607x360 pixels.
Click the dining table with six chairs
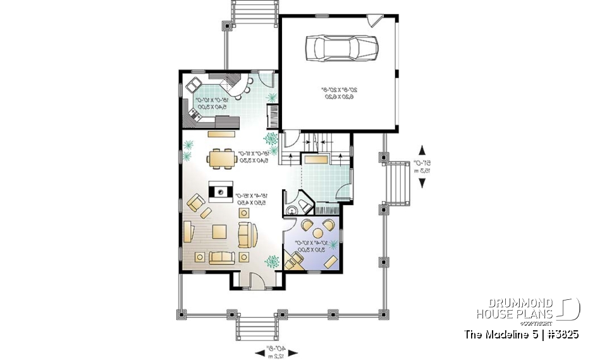pos(221,158)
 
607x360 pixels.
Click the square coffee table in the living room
pos(220,232)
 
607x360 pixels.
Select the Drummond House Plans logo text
pos(515,309)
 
